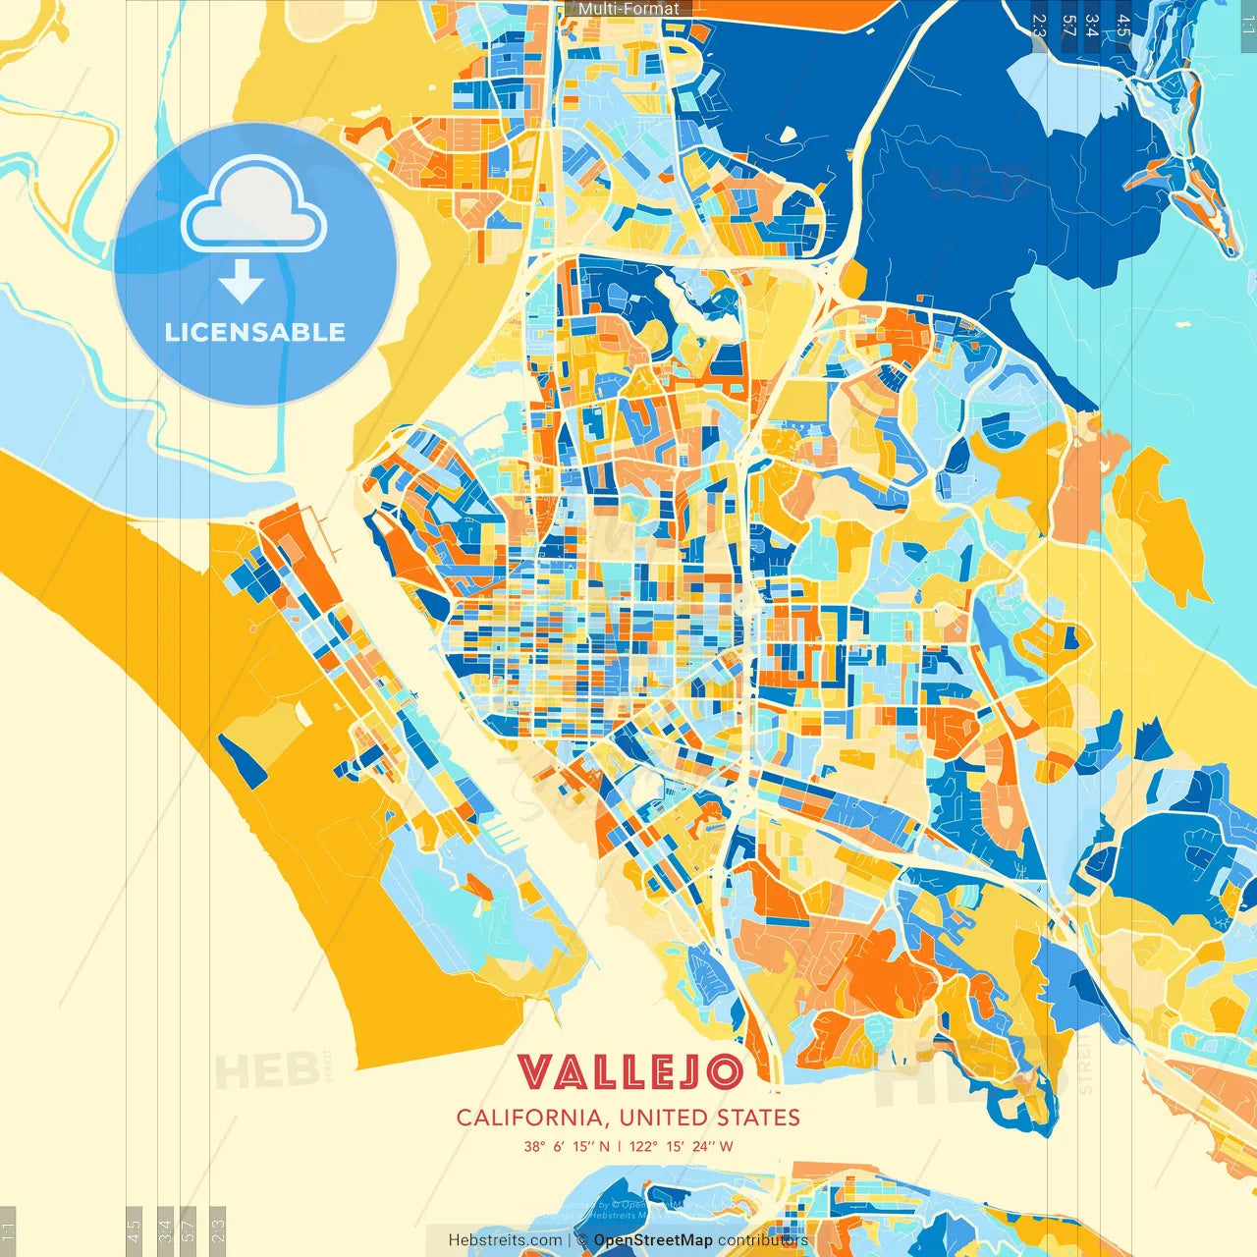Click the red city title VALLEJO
click(628, 1072)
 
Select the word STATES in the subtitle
click(757, 1118)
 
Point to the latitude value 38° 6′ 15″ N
click(567, 1146)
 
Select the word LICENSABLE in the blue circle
click(255, 332)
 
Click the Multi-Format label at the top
click(628, 9)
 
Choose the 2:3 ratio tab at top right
click(1039, 26)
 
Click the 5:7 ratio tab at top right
click(1068, 26)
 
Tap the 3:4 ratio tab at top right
click(1092, 26)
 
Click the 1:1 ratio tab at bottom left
click(8, 1230)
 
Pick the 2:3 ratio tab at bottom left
click(218, 1230)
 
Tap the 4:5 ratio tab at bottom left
click(134, 1230)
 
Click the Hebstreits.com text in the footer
click(505, 1240)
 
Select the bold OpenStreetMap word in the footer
click(653, 1240)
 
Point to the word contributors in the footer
click(763, 1240)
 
